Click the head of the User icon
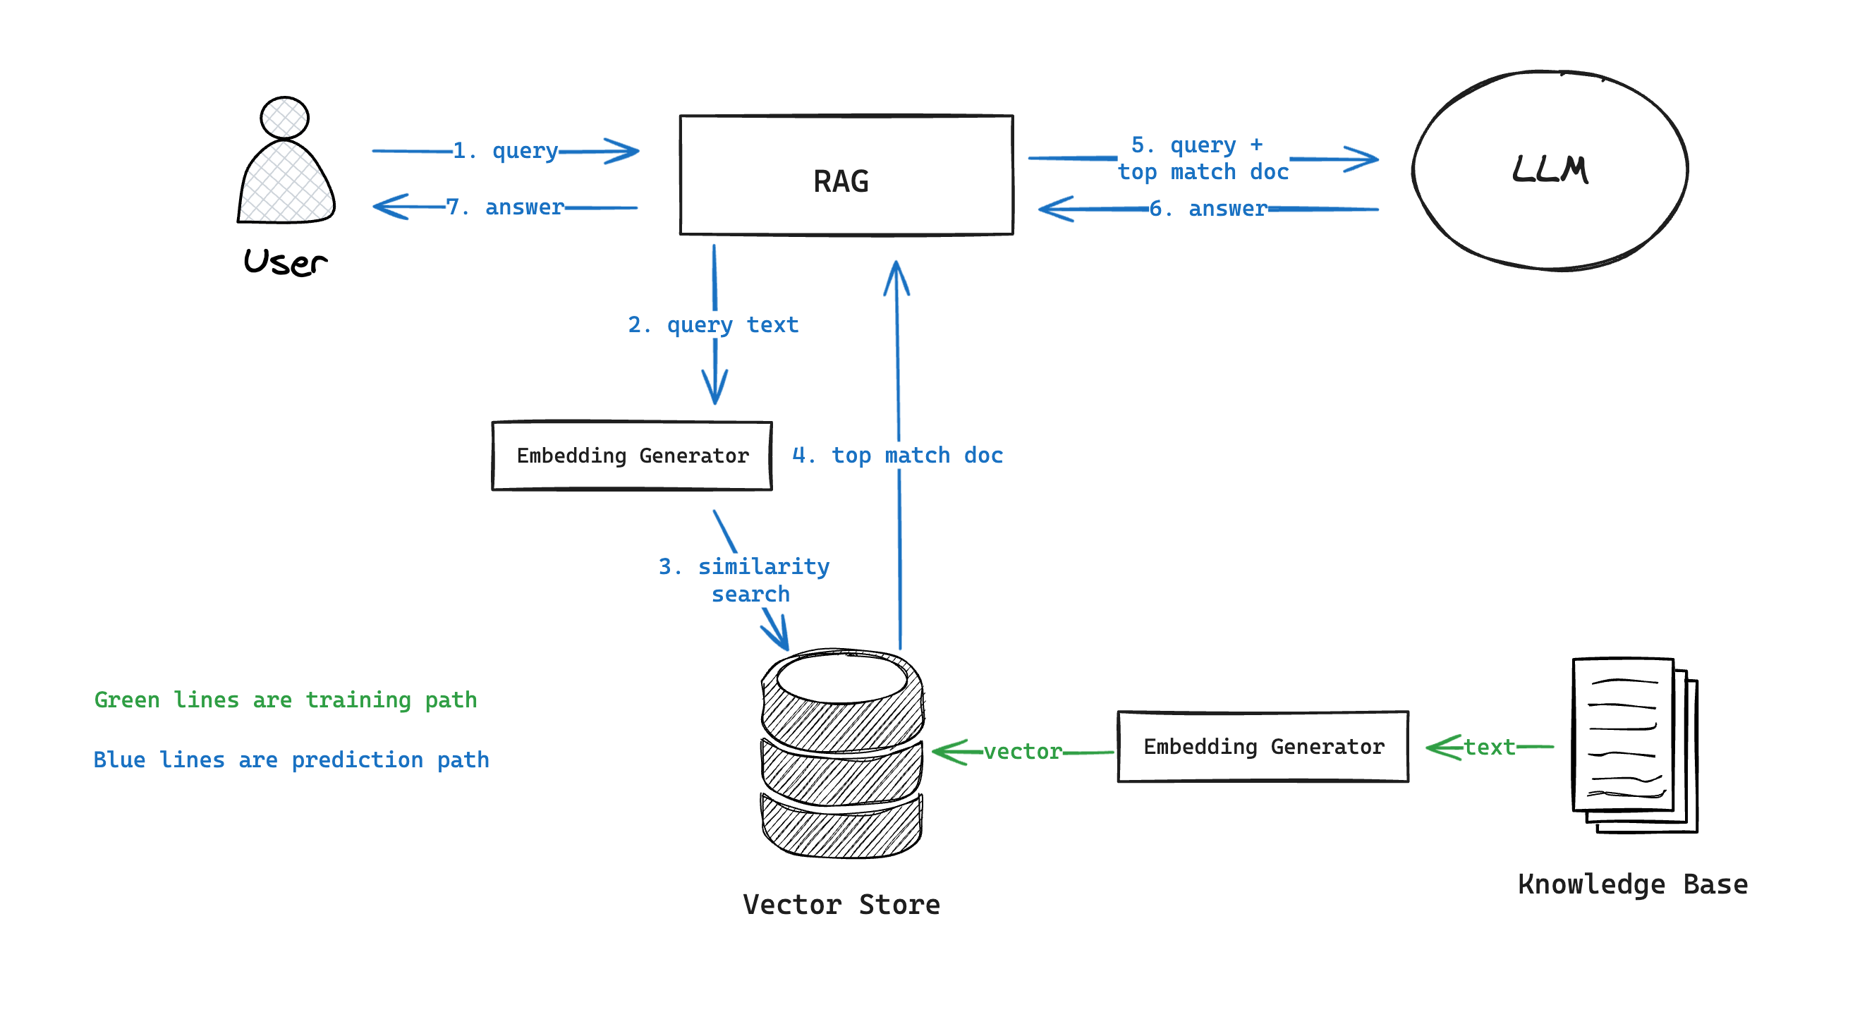pos(284,117)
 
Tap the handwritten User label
pos(285,262)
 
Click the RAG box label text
pos(840,181)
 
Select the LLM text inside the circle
pos(1549,170)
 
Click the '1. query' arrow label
pos(506,151)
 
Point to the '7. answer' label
pos(505,207)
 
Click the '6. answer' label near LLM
pos(1208,209)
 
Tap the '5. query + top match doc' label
pos(1203,159)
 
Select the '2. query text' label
pos(713,325)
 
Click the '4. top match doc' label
pos(897,455)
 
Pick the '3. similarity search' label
pos(745,580)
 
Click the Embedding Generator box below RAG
pos(631,456)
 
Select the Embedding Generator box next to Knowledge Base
pos(1263,747)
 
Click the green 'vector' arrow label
pos(1023,752)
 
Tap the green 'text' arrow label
pos(1489,748)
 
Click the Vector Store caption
pos(841,904)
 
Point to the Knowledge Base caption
pos(1632,884)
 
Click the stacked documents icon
pos(1634,745)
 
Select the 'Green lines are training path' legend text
pos(285,700)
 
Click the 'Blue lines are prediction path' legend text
pos(291,760)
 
